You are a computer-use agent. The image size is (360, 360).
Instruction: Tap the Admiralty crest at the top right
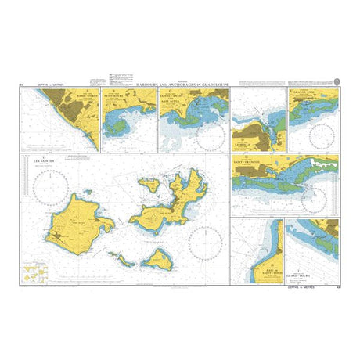point(336,79)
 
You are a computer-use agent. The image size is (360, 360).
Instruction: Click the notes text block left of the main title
point(97,81)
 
